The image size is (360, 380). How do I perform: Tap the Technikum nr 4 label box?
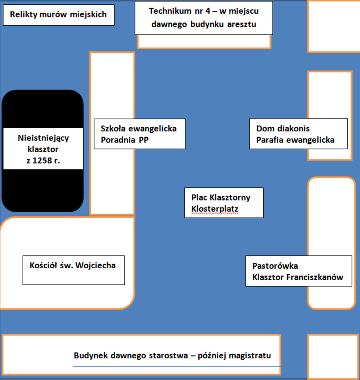click(x=204, y=18)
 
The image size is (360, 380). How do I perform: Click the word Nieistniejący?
click(x=43, y=138)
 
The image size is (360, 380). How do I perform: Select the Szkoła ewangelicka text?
click(x=138, y=129)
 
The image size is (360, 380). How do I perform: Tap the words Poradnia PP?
click(x=124, y=140)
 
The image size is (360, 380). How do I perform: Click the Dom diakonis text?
click(x=283, y=129)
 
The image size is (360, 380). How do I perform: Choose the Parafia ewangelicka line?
click(x=295, y=140)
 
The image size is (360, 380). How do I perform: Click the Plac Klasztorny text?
click(x=221, y=197)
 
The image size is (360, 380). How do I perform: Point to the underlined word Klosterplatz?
click(x=215, y=209)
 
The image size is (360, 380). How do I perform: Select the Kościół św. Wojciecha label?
click(x=72, y=265)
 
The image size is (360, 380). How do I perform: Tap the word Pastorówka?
click(x=275, y=266)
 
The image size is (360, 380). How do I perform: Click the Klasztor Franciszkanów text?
click(x=298, y=277)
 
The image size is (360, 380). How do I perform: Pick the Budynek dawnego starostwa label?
click(x=172, y=356)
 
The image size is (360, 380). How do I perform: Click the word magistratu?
click(x=250, y=356)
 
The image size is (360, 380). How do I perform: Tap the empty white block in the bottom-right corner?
click(x=333, y=357)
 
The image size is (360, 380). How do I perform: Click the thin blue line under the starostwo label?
click(x=177, y=366)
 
